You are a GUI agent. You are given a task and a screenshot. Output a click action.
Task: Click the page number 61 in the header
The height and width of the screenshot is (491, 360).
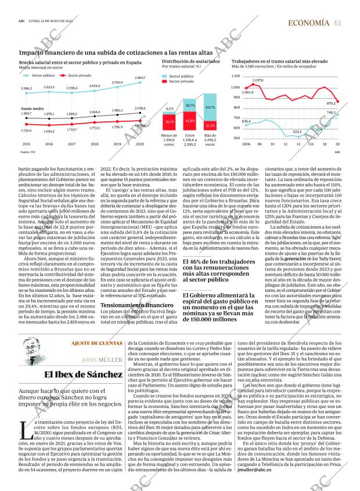[338, 23]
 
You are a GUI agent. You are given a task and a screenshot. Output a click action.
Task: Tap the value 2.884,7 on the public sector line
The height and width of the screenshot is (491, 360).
[140, 78]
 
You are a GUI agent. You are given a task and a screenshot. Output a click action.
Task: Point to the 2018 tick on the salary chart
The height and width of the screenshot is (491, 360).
[95, 144]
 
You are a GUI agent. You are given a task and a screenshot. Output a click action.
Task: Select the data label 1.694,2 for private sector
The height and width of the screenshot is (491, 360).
[49, 131]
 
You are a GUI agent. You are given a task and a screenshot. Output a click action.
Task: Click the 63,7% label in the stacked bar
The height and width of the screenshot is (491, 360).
[210, 108]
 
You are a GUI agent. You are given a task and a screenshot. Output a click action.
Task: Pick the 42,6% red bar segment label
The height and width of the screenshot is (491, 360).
[189, 121]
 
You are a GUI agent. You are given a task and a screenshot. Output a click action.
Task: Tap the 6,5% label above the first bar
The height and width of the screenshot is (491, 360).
[170, 109]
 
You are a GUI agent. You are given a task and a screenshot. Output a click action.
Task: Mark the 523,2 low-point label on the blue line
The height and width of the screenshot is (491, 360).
[297, 132]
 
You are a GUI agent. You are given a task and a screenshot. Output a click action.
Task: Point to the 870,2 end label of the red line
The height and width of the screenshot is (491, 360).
[331, 103]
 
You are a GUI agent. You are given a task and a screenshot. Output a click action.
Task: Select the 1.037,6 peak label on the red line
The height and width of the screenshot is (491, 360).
[258, 80]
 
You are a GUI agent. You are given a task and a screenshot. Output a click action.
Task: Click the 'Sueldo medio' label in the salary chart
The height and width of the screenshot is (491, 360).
[30, 109]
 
